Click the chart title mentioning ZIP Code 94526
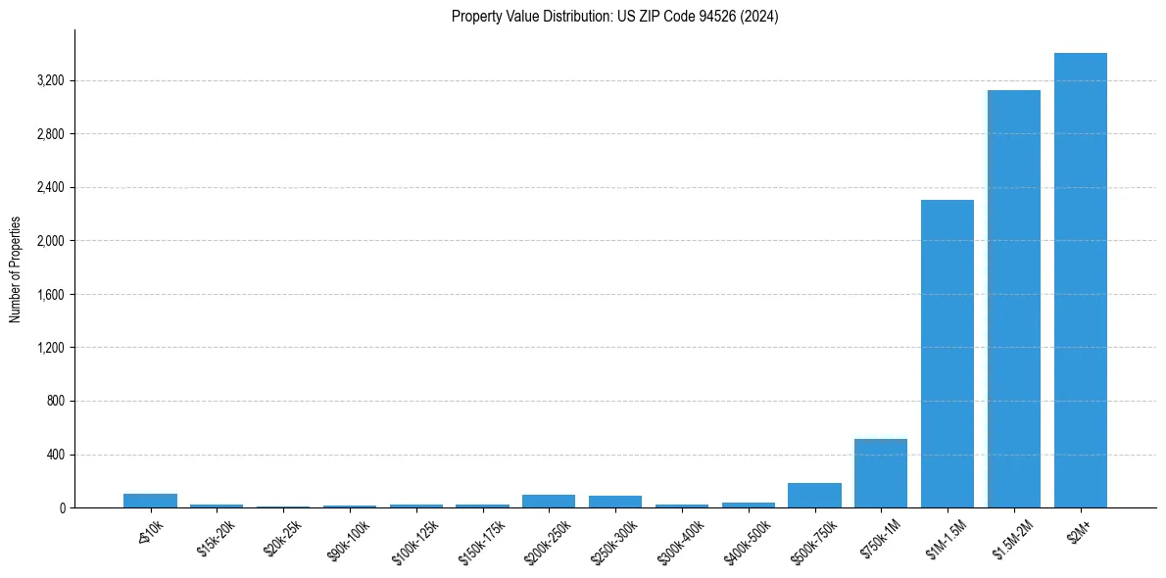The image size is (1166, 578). coord(614,17)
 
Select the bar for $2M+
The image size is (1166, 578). coord(1080,280)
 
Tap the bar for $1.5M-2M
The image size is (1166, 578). coord(1013,299)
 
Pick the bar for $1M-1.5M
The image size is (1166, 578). coord(947,354)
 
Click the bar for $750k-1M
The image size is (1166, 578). coord(880,473)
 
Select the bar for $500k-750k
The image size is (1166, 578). coord(814,495)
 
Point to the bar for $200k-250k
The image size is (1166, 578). coord(549,501)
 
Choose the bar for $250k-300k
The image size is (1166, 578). coord(614,502)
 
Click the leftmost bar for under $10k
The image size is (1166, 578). coord(150,501)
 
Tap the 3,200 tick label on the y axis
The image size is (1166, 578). coord(50,80)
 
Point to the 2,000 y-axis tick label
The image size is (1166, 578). coord(50,241)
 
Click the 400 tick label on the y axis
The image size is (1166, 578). coord(55,455)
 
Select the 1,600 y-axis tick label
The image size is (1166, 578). coord(50,295)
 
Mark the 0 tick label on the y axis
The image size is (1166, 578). coord(62,507)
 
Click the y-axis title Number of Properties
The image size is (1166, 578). coord(16,268)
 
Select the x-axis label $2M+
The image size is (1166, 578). coord(1080,535)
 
